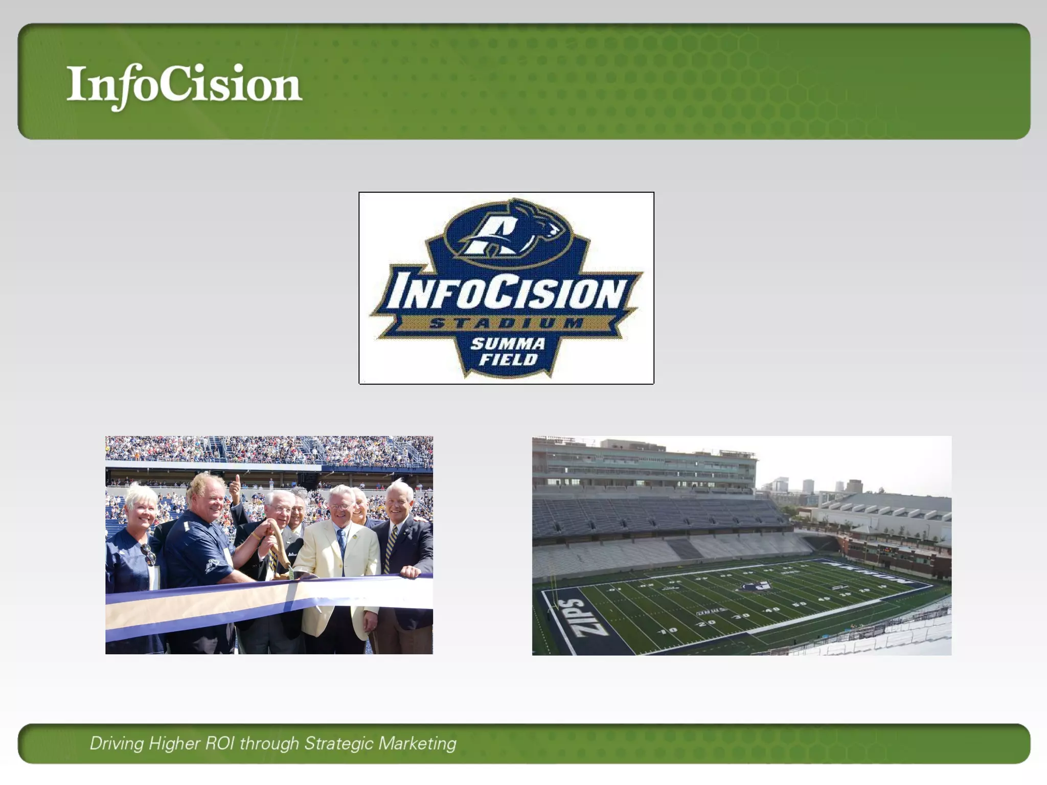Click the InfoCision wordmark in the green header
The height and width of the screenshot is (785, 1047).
184,85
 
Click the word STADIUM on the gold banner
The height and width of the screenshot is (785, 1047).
506,323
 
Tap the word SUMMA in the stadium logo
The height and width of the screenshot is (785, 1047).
507,343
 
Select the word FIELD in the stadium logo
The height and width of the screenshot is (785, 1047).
508,360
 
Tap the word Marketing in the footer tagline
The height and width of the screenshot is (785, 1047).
417,743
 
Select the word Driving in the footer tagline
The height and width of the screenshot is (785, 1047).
117,743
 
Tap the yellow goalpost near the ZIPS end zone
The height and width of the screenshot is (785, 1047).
553,593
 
